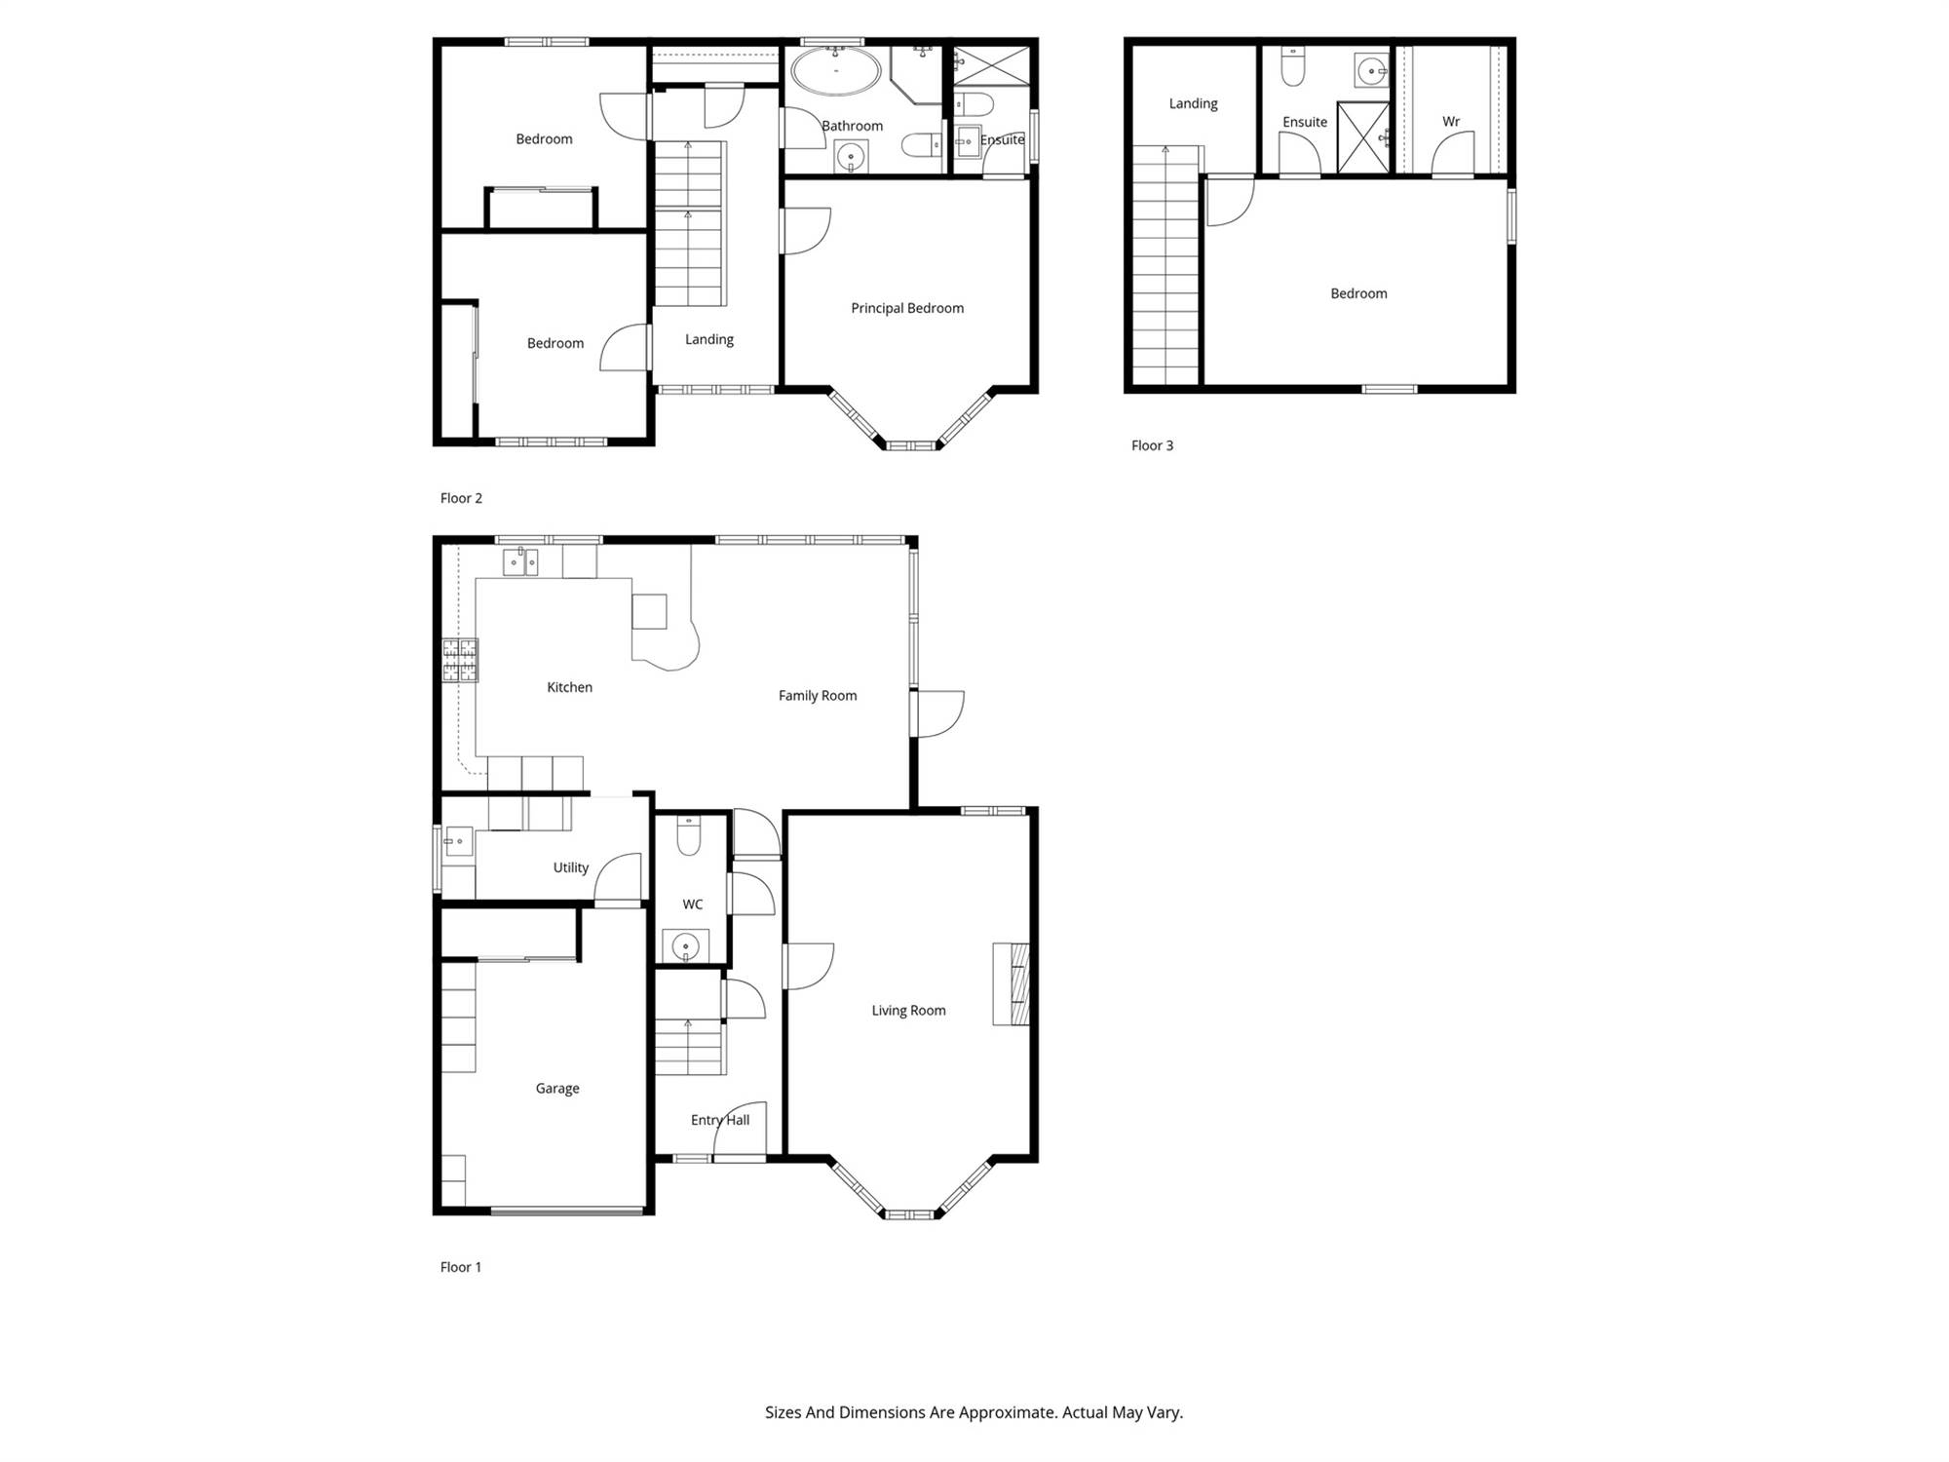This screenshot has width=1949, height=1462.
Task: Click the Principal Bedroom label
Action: click(x=907, y=308)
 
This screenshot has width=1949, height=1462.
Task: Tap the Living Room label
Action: click(x=908, y=1011)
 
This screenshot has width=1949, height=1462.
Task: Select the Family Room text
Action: click(x=818, y=696)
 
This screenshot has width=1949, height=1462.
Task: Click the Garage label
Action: click(x=557, y=1089)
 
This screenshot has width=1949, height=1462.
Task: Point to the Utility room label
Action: click(x=571, y=867)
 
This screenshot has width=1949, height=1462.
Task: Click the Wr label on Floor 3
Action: click(x=1451, y=122)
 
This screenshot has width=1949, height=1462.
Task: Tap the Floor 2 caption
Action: click(x=461, y=498)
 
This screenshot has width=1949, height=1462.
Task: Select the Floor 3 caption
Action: click(x=1152, y=445)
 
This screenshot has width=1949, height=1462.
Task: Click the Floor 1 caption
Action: click(x=461, y=1267)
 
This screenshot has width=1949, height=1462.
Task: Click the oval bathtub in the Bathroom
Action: click(x=836, y=71)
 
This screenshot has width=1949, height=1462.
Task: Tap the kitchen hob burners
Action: click(x=460, y=660)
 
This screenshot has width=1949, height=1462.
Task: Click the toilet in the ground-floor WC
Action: click(x=689, y=835)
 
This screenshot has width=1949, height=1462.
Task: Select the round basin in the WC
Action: click(x=686, y=946)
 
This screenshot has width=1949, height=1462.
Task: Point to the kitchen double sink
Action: click(x=520, y=562)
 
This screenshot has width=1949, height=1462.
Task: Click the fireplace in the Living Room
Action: click(x=1012, y=983)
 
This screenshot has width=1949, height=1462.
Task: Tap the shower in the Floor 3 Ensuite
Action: click(x=1363, y=137)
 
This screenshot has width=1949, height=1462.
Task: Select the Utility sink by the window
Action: click(x=459, y=841)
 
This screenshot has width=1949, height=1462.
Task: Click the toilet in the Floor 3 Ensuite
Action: click(x=1293, y=65)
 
